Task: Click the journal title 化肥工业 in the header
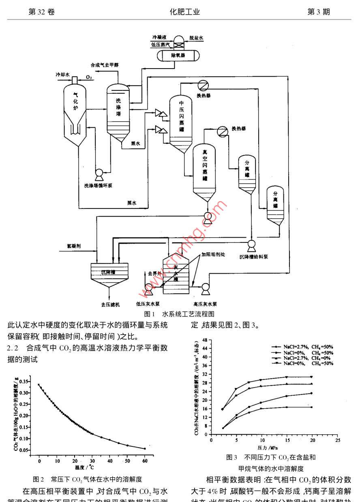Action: coord(185,12)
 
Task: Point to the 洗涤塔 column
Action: coord(118,109)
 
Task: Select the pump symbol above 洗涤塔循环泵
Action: coord(99,174)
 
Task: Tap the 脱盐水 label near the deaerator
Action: coord(197,38)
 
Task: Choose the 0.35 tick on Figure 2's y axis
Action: coord(25,382)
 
